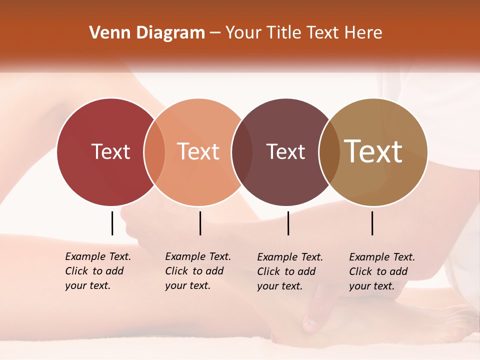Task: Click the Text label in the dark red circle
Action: click(x=110, y=151)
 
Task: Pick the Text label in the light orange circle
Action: click(x=198, y=151)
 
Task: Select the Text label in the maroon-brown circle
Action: click(x=285, y=151)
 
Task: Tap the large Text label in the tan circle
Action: click(x=373, y=151)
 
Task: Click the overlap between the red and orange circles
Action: click(x=154, y=152)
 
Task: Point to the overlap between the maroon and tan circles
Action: click(x=329, y=152)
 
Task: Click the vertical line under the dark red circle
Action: click(x=112, y=223)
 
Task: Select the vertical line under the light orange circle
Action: click(x=200, y=223)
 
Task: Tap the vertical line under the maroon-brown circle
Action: click(x=288, y=223)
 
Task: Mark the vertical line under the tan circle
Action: click(x=372, y=223)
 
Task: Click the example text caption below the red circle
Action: click(x=98, y=271)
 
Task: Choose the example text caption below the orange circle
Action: click(x=198, y=271)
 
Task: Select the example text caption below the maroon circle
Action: click(x=290, y=271)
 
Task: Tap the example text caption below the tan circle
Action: click(x=382, y=271)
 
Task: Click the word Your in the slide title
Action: click(x=243, y=33)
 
